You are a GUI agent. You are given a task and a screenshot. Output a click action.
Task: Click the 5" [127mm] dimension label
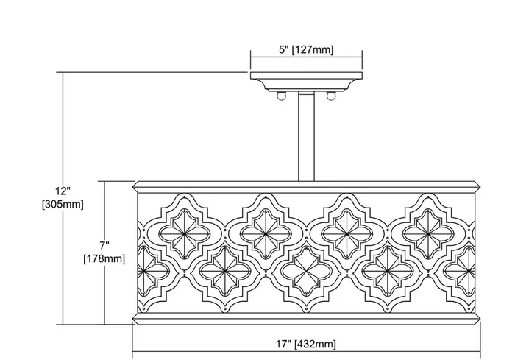306,50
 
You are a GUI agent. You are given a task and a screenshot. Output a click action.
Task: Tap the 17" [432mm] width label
306,345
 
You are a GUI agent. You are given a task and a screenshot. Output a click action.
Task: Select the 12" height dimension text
63,191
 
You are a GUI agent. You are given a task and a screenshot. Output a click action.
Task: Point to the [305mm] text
63,204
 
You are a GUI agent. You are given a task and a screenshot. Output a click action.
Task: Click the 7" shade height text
104,245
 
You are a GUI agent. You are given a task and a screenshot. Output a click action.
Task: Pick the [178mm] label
104,258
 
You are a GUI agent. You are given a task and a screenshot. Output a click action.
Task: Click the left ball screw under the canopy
281,96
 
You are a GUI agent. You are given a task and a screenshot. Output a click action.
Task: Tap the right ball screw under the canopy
331,96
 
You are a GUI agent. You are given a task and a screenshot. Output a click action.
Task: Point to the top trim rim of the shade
307,186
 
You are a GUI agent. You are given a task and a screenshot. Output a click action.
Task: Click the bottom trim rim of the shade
307,318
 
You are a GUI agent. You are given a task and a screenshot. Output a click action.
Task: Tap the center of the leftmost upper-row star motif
184,234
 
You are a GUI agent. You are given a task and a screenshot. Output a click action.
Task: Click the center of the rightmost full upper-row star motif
428,234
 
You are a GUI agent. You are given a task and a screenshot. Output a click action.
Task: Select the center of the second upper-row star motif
266,234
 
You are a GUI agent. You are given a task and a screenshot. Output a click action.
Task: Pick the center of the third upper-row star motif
347,234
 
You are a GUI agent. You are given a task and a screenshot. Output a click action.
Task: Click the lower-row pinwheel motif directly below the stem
306,271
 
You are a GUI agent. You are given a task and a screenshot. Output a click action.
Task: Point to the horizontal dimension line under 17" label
306,353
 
